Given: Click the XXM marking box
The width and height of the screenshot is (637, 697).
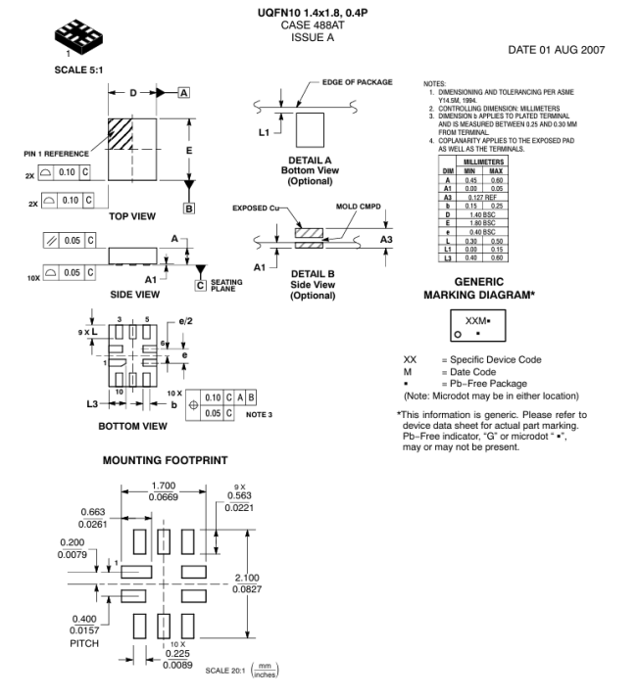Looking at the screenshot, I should [x=483, y=324].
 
